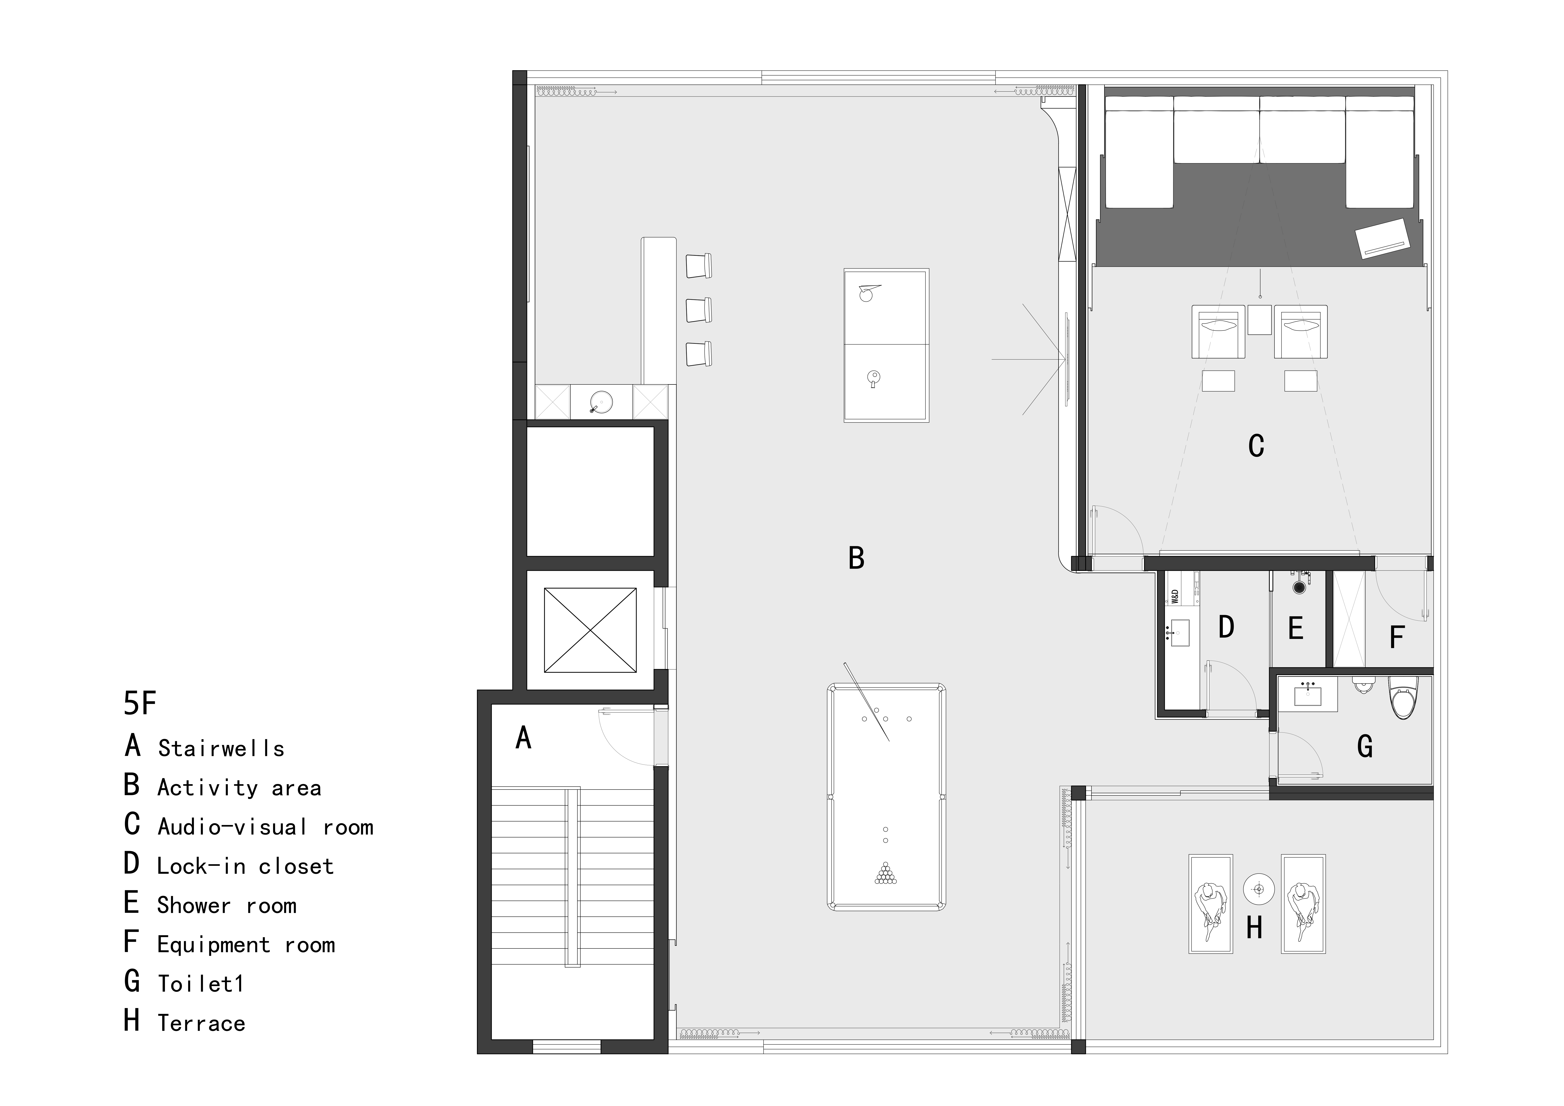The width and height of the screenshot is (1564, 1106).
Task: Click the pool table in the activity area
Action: click(x=886, y=797)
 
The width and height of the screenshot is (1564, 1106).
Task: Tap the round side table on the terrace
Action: click(x=1258, y=889)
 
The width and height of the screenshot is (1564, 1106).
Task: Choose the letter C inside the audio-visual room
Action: click(x=1256, y=446)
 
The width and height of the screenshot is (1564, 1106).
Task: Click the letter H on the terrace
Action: click(x=1254, y=927)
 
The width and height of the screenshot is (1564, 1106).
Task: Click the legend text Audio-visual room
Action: click(x=266, y=827)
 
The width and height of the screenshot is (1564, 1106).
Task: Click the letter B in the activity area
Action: click(x=856, y=558)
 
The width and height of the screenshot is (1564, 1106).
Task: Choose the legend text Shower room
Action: click(x=227, y=905)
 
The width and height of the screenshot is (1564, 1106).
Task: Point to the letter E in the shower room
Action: click(x=1296, y=628)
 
